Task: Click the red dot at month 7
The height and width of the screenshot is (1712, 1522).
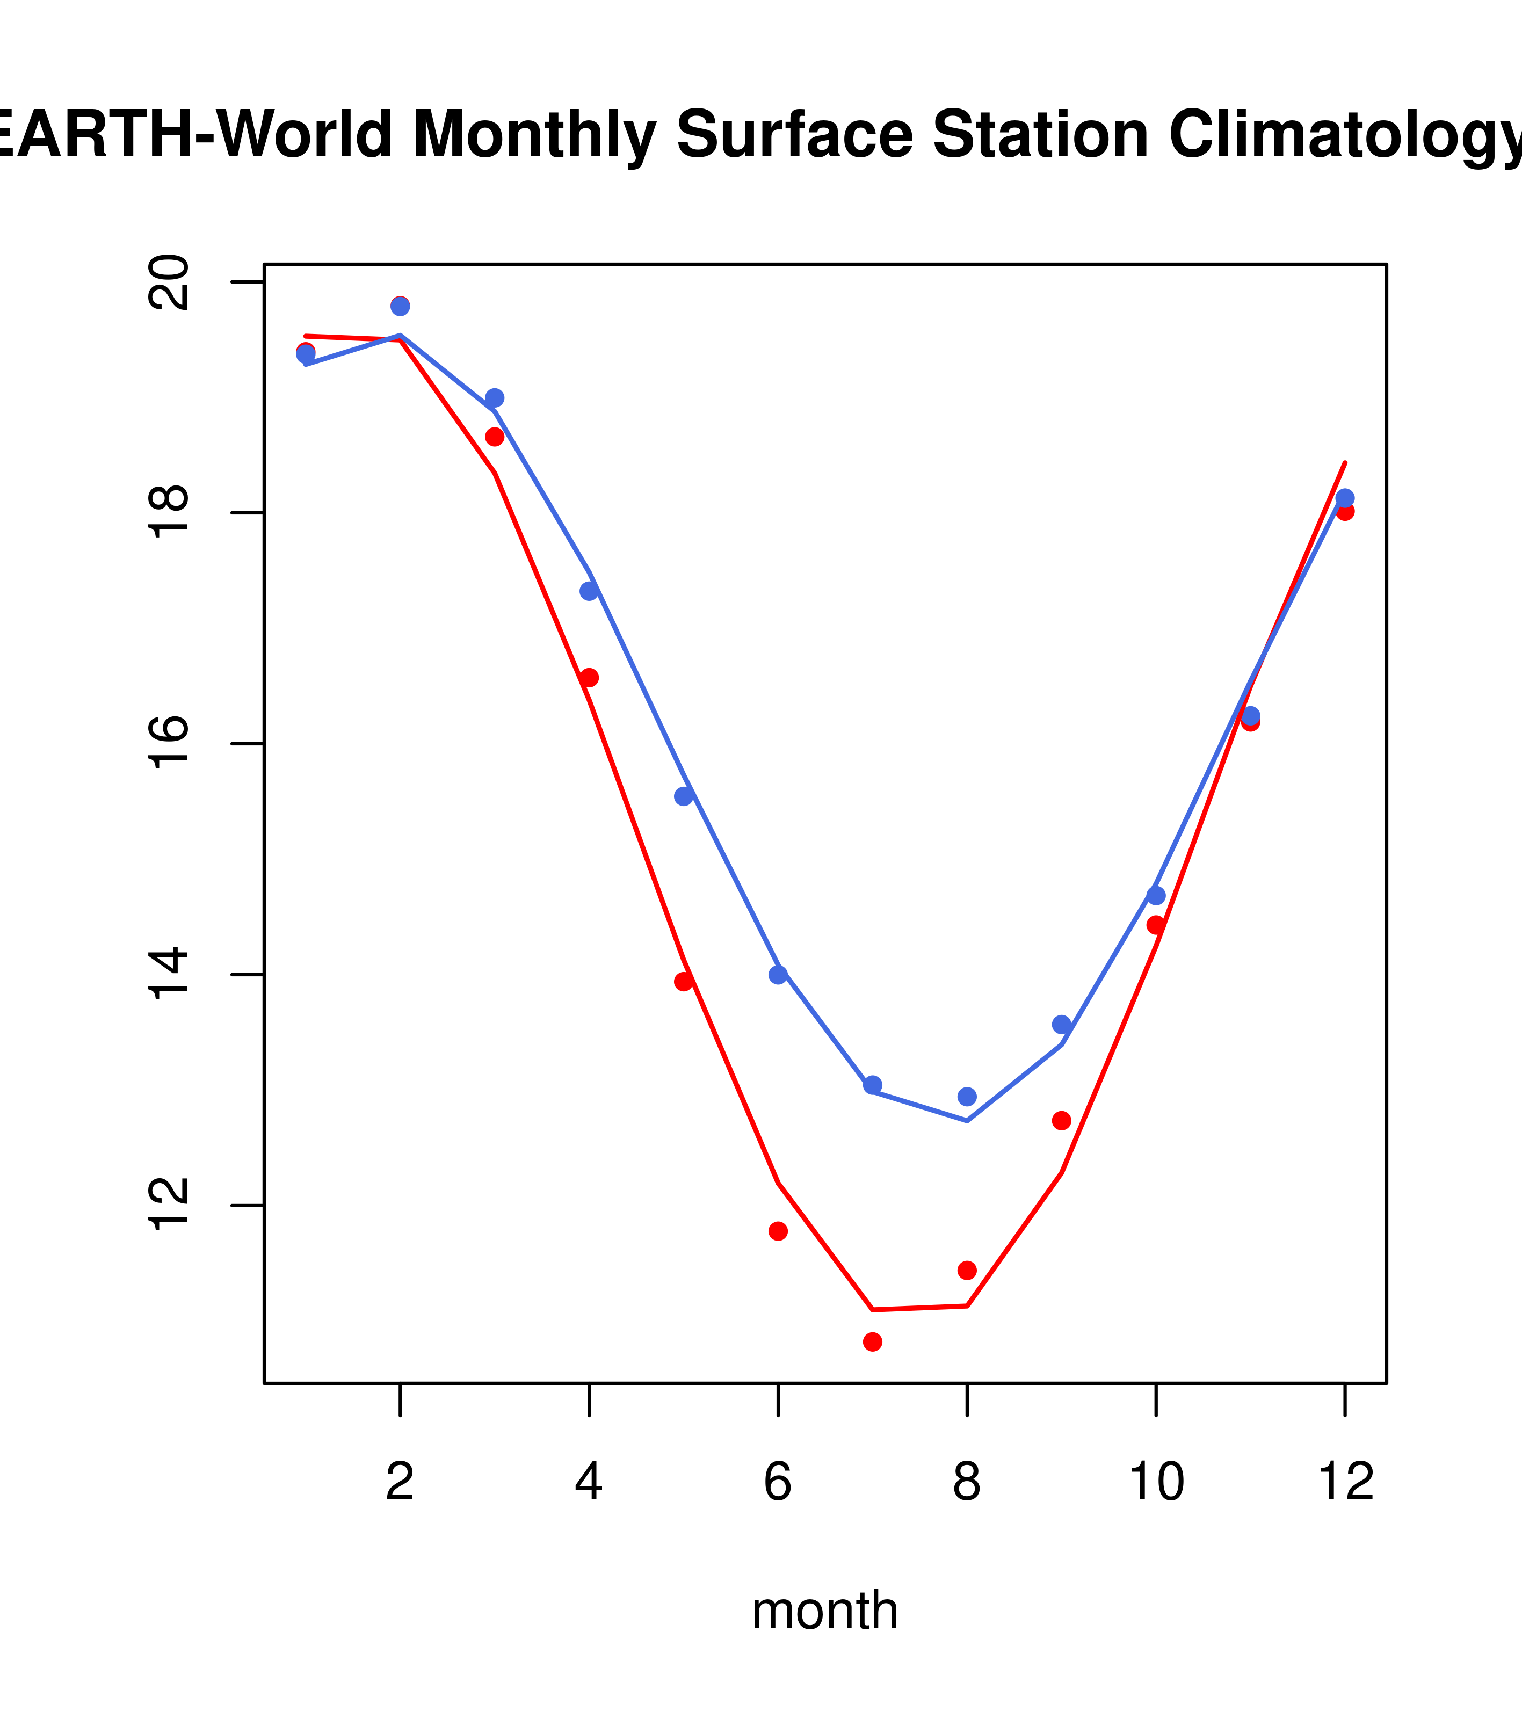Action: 872,1342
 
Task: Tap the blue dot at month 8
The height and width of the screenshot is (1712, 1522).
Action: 967,1097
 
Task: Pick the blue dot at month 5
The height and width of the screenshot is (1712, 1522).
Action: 684,796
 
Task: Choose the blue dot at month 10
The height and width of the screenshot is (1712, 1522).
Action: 1156,895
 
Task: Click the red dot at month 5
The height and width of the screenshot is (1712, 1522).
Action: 684,982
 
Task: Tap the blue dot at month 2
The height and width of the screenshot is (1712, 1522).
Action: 401,307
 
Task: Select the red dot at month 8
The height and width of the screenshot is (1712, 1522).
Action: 967,1271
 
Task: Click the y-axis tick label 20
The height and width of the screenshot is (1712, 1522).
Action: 169,282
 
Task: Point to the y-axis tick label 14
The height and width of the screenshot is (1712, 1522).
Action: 169,974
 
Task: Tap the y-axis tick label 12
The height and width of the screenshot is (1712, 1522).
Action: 169,1205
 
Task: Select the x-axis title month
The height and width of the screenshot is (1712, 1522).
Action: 825,1611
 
